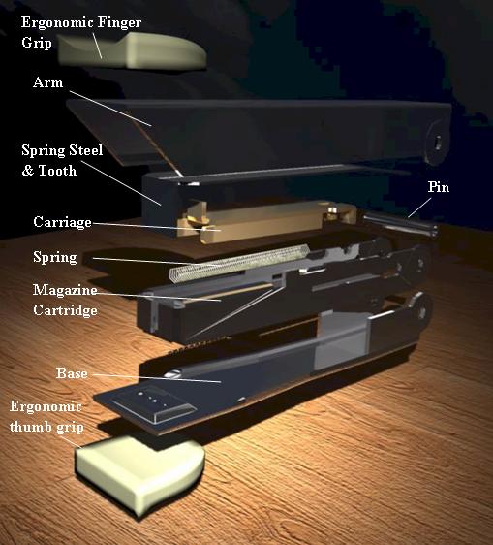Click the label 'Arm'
coord(47,82)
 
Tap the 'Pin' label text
coord(439,187)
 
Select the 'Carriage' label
coord(63,222)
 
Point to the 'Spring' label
coord(55,258)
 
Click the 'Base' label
coord(72,373)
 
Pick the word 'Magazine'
coord(65,290)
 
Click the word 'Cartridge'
coord(65,310)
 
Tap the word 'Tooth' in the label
coord(57,171)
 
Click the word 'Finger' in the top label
coord(119,22)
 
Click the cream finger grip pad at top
coord(132,50)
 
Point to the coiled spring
coord(239,263)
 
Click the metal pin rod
coord(400,225)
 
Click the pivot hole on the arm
coord(438,142)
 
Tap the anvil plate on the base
coord(152,403)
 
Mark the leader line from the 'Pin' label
coord(419,208)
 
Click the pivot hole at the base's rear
coord(422,310)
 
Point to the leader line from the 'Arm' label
coord(110,109)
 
